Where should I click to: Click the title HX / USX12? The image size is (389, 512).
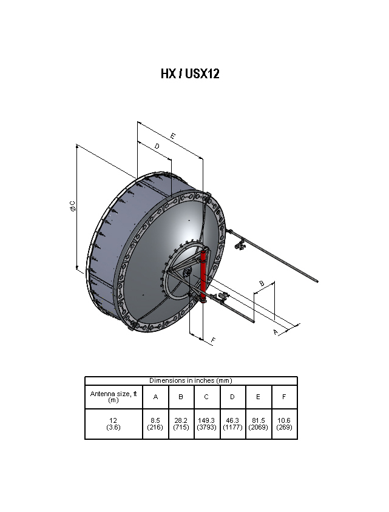(190, 74)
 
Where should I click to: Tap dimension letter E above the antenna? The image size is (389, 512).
(173, 136)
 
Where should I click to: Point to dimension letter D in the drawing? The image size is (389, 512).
(157, 147)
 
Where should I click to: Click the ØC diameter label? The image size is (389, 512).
(73, 206)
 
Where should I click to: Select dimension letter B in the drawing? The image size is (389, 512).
(262, 284)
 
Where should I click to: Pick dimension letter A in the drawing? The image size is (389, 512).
(276, 332)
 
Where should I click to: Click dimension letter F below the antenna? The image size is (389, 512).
(213, 340)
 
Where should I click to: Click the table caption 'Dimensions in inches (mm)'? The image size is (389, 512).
(191, 380)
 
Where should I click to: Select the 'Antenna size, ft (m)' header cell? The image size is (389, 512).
(113, 397)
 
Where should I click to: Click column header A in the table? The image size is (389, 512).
(155, 397)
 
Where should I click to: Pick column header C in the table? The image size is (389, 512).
(206, 397)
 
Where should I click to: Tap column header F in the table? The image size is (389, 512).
(284, 397)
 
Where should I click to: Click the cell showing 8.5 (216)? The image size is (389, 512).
(155, 423)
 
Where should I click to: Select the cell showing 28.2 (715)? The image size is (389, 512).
(181, 423)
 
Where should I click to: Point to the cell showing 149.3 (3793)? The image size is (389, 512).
(206, 423)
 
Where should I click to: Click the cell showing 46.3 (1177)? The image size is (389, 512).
(232, 423)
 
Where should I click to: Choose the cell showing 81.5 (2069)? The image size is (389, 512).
(259, 423)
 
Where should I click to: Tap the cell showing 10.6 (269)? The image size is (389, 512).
(284, 423)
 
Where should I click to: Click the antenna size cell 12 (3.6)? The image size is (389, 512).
(113, 423)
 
